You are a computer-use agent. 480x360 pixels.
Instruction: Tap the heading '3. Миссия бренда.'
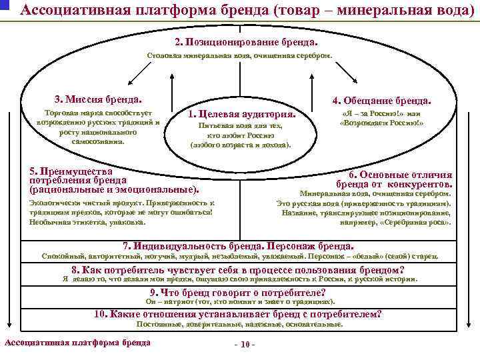click(99, 99)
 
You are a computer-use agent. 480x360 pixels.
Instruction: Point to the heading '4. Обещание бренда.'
click(382, 101)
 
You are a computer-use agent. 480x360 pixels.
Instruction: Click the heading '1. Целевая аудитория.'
click(242, 114)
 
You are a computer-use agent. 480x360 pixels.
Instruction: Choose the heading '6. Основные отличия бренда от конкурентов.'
click(395, 179)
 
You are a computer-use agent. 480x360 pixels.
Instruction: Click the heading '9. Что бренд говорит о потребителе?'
click(238, 293)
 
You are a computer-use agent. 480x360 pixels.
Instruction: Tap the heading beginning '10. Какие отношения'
click(239, 314)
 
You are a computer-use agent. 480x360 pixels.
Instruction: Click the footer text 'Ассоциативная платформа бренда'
click(77, 343)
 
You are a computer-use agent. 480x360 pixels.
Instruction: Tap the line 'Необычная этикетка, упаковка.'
click(88, 221)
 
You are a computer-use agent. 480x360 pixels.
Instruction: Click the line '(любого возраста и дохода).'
click(241, 144)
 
